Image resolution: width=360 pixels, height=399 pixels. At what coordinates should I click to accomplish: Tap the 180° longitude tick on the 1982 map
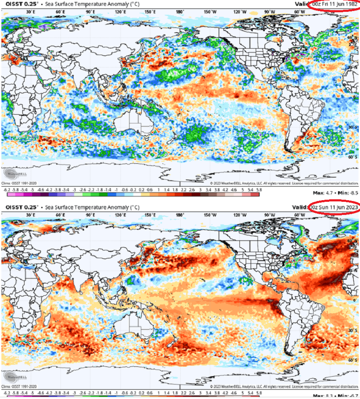[x=180, y=12]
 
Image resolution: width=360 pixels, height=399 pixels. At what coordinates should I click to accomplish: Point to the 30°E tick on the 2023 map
[x=30, y=215]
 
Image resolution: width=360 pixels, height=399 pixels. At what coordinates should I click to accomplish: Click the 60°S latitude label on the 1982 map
[x=352, y=157]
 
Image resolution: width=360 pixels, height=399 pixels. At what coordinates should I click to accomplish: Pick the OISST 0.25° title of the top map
[x=19, y=4]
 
